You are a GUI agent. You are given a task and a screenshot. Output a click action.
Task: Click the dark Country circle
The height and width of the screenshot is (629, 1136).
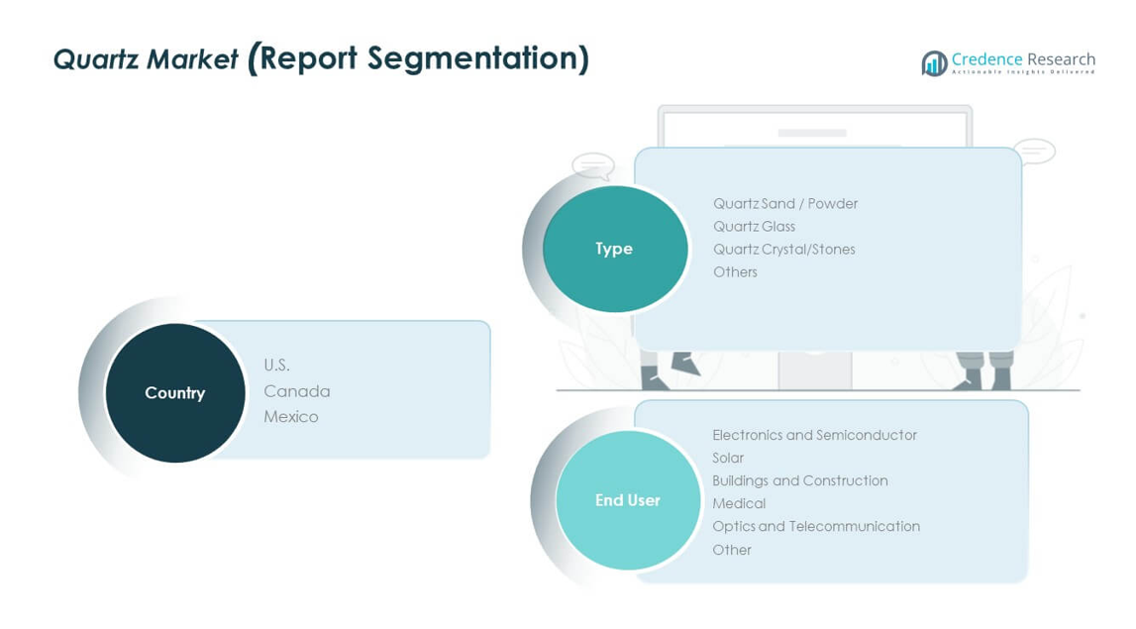(x=175, y=392)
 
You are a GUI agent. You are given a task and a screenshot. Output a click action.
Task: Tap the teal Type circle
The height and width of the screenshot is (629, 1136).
(x=614, y=249)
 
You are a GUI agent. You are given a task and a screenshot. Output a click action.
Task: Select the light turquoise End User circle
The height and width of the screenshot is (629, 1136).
(x=628, y=500)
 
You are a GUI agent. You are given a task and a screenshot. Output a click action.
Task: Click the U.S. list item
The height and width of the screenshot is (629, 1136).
(x=276, y=366)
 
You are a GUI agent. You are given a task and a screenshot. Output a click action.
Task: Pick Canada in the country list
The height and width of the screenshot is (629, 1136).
(x=296, y=391)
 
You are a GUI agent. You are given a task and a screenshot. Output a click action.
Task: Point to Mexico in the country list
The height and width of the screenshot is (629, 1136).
(x=290, y=417)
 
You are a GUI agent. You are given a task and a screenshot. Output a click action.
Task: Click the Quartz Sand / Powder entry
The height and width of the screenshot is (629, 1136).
(x=785, y=204)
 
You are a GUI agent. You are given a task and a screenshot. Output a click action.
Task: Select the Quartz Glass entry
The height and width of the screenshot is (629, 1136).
(x=754, y=227)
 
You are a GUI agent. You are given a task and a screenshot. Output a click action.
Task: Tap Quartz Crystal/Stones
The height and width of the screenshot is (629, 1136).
(x=783, y=250)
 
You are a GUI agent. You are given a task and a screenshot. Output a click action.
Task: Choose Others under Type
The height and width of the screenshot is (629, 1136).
(x=735, y=272)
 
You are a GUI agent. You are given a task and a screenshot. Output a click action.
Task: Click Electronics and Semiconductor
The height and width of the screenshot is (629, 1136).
(x=814, y=435)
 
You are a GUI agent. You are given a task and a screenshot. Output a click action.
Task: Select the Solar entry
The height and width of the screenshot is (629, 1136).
(x=728, y=458)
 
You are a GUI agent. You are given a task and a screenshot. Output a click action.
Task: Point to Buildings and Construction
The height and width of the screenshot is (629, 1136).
(x=799, y=480)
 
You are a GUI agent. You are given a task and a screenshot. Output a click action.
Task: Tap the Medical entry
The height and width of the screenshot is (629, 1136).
(x=739, y=503)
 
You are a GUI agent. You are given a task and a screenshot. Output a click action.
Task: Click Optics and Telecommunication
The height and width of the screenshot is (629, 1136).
(x=816, y=526)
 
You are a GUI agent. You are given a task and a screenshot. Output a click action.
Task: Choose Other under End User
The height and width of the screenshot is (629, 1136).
(x=732, y=550)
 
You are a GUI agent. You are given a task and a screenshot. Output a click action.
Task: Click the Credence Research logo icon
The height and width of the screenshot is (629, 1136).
(x=934, y=63)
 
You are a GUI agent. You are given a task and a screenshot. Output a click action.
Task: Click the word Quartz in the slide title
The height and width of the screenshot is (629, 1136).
(x=91, y=60)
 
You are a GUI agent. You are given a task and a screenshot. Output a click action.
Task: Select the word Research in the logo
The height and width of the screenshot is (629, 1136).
(x=1062, y=59)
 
